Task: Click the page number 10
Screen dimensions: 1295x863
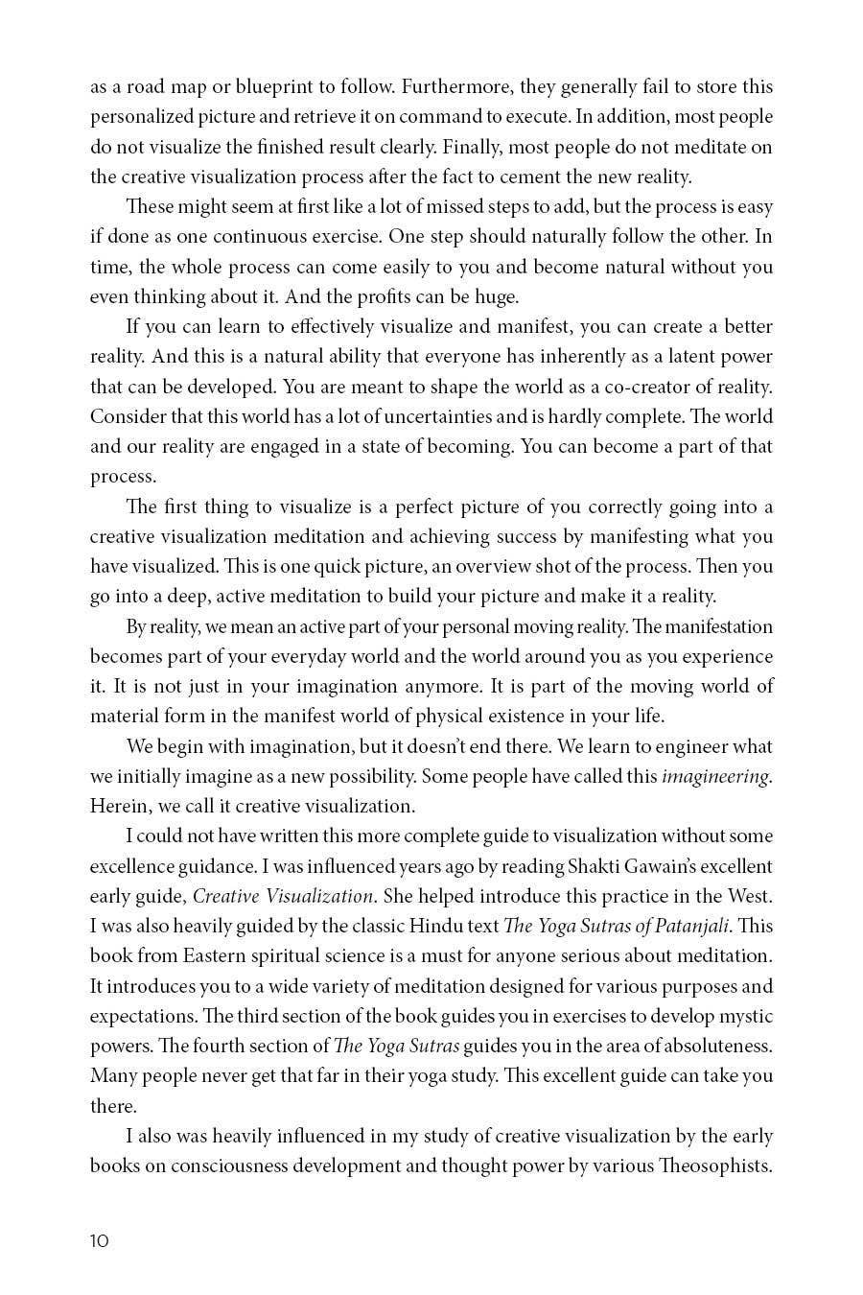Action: coord(100,1240)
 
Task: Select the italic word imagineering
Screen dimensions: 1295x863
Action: coord(715,776)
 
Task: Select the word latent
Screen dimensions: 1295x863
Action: coord(685,356)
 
